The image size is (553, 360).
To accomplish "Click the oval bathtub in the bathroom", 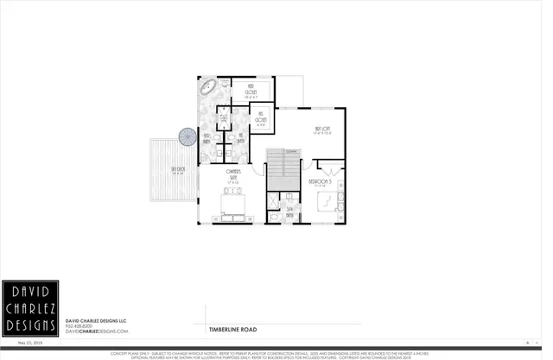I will click(210, 87).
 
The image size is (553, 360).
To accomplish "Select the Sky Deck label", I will click(178, 171).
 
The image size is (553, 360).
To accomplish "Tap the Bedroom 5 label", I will click(321, 182).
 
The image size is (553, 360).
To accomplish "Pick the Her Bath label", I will click(207, 137).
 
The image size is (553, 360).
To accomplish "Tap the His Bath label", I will click(240, 137).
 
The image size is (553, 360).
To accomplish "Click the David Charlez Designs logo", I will click(29, 308).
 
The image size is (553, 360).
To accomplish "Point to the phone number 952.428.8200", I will click(84, 325).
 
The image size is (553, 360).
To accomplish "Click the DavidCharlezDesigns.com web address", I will click(97, 331).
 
